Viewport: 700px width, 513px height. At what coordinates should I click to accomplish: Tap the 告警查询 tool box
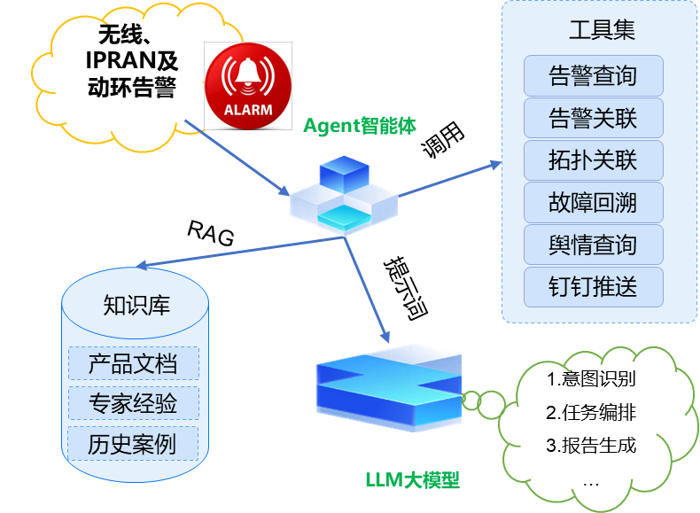(593, 76)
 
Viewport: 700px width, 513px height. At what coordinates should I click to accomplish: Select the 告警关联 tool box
(593, 118)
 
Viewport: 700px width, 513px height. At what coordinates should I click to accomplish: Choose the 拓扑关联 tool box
(593, 160)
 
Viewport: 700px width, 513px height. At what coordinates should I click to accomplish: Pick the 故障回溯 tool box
(593, 203)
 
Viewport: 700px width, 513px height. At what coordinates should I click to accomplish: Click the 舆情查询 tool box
(593, 245)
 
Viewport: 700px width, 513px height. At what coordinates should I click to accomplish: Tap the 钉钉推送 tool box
(593, 287)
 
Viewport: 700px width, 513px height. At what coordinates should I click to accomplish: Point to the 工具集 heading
(602, 30)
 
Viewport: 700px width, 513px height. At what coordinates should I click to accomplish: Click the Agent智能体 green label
(359, 126)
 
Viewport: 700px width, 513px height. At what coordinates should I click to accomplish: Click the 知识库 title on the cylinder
(136, 306)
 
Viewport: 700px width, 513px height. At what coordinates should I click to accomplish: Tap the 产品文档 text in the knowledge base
(133, 364)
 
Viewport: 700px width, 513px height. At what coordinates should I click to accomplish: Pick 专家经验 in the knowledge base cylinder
(133, 404)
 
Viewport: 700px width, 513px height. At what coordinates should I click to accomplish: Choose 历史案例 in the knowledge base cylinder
(133, 444)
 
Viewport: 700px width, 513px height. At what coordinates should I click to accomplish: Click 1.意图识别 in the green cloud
(591, 380)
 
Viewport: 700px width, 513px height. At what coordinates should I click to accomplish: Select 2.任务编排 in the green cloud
(591, 413)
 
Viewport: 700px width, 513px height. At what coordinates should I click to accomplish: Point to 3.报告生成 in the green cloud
(591, 445)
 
